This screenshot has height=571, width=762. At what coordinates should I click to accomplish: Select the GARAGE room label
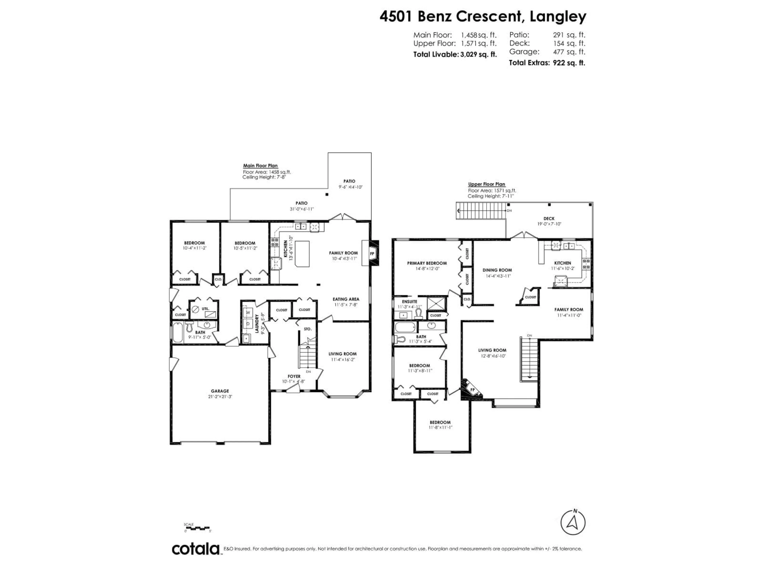(220, 391)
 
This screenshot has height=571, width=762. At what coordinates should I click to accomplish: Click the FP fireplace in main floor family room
(372, 254)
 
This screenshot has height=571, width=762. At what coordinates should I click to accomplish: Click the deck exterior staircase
(482, 211)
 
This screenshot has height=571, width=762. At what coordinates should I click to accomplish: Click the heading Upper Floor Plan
(486, 184)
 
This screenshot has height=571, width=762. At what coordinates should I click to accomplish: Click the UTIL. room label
(205, 309)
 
